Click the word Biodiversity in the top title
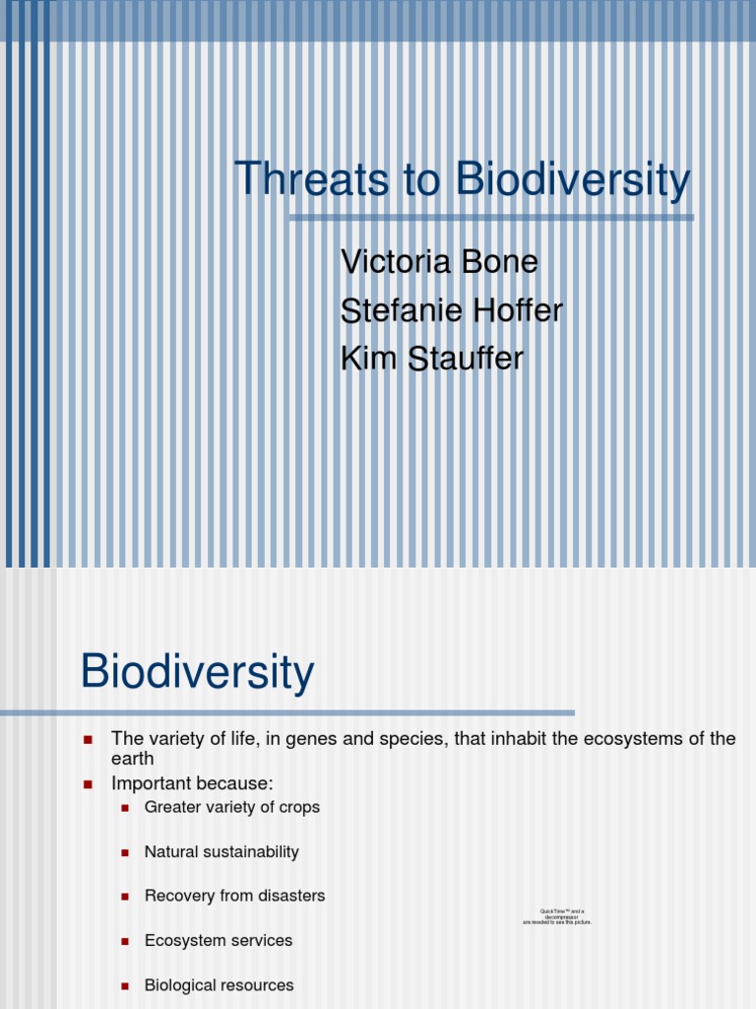pos(572,180)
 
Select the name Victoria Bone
pos(439,262)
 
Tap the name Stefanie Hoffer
pos(451,310)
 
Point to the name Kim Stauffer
pos(431,359)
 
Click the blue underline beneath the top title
pos(491,218)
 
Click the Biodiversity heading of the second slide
pos(197,672)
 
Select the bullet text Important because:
pos(191,783)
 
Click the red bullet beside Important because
pos(88,784)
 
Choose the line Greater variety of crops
pos(231,807)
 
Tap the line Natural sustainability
pos(221,851)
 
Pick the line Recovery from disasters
pos(234,896)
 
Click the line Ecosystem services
pos(218,940)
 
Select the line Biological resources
pos(219,984)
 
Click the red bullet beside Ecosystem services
pos(125,941)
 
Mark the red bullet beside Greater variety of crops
pos(125,808)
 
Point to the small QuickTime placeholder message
pos(557,916)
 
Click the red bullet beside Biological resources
pos(125,985)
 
